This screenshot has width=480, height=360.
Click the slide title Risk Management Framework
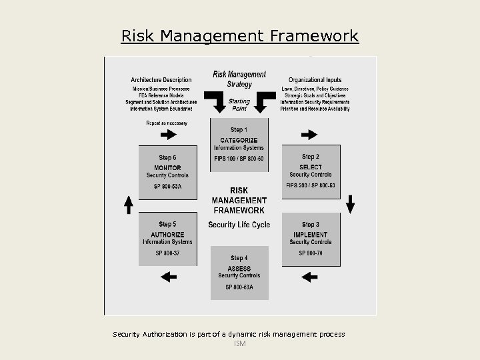(240, 35)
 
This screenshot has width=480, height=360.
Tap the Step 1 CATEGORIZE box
(239, 145)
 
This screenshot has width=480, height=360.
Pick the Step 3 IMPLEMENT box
(311, 239)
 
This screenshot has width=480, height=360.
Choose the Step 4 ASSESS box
(239, 273)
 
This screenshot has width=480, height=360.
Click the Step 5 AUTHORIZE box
(167, 239)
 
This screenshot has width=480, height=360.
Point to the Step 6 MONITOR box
(167, 172)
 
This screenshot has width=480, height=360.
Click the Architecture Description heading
(161, 80)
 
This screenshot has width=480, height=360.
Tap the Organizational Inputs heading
(315, 80)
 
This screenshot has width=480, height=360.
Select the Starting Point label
(239, 105)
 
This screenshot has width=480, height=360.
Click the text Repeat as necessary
(167, 123)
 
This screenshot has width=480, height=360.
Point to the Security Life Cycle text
(239, 225)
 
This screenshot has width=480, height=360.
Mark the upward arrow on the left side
(129, 204)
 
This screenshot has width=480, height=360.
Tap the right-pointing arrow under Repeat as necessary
(168, 135)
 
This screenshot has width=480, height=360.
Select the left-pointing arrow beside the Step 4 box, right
(310, 275)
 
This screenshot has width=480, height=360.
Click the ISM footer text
(240, 344)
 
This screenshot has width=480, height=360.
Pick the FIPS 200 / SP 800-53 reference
(311, 185)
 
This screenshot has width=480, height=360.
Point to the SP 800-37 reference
(167, 253)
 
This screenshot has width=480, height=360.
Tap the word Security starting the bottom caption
(127, 334)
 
